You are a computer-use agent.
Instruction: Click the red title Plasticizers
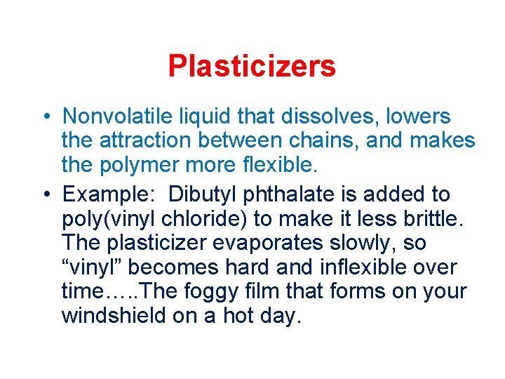[x=252, y=67]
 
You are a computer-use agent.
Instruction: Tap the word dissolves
[x=333, y=117]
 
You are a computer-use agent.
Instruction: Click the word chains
[x=324, y=141]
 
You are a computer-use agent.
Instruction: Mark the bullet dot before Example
[x=44, y=194]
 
